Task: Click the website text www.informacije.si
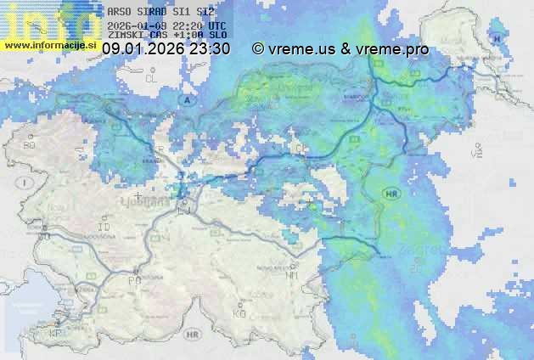[48, 45]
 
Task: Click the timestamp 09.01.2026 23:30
[166, 49]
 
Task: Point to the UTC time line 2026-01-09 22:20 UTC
[166, 25]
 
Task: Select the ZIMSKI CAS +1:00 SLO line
[166, 35]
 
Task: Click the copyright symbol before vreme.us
[258, 49]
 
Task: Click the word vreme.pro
[392, 49]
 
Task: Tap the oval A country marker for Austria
[188, 100]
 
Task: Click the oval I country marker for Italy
[25, 183]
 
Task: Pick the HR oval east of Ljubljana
[391, 194]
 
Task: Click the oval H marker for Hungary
[497, 40]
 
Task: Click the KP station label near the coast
[56, 334]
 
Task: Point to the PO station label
[133, 280]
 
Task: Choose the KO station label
[239, 313]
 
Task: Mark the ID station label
[104, 228]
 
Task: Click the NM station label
[292, 275]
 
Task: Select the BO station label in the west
[30, 146]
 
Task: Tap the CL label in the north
[152, 78]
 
